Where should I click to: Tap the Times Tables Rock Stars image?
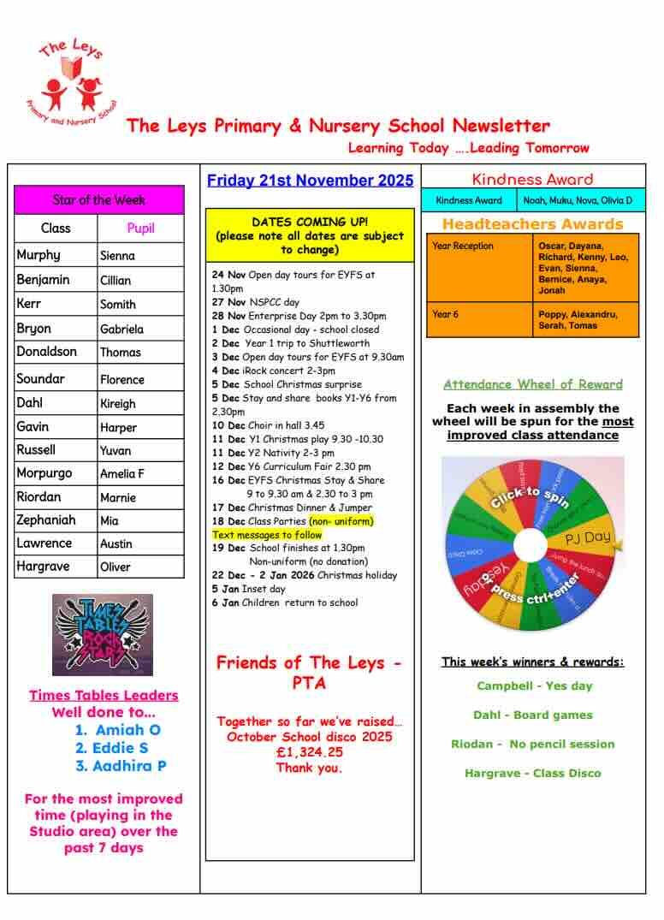pos(103,635)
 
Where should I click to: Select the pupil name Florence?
pos(122,379)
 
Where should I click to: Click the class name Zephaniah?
pos(46,519)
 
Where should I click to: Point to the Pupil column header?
pos(140,229)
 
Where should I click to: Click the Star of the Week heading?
pos(99,199)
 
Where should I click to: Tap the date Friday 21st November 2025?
pos(310,181)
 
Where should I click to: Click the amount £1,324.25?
pos(309,752)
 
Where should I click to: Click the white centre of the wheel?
pos(531,544)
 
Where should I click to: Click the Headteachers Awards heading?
pos(532,224)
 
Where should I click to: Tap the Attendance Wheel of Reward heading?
pos(532,384)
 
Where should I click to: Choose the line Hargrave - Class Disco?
pos(532,773)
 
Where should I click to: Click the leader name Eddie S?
pos(121,748)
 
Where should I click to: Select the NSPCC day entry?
pos(256,302)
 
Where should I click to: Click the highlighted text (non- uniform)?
pos(341,520)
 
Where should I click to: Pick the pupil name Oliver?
pos(116,567)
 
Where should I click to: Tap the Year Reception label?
pos(463,246)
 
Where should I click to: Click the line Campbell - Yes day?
pos(534,686)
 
